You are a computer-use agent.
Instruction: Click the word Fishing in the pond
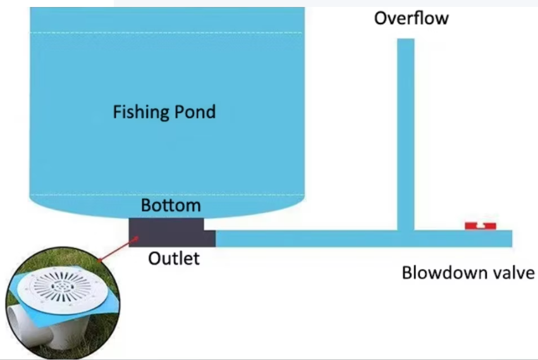[x=139, y=113]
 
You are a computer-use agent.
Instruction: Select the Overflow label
[x=411, y=18]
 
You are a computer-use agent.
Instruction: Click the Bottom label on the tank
[x=171, y=206]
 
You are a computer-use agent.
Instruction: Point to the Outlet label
[x=174, y=258]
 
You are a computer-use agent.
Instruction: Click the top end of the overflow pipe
[x=406, y=42]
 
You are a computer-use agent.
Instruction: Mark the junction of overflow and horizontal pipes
[x=406, y=238]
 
